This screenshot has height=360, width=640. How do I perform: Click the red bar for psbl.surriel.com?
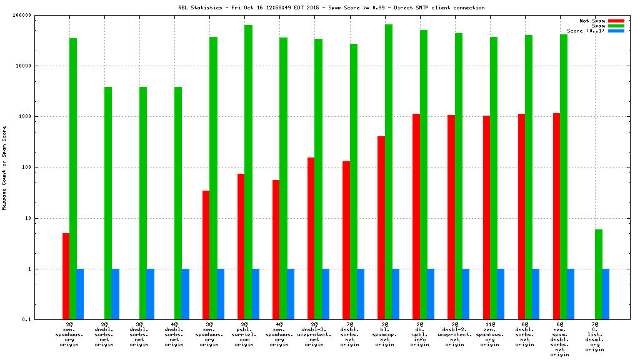(241, 246)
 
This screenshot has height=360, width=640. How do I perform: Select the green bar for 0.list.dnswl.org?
(598, 274)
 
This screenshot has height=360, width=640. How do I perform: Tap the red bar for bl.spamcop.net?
(381, 227)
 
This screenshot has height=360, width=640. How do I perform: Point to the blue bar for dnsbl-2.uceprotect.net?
(466, 294)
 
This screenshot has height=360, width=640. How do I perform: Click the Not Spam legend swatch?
(616, 21)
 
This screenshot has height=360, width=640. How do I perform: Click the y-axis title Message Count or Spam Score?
(4, 167)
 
